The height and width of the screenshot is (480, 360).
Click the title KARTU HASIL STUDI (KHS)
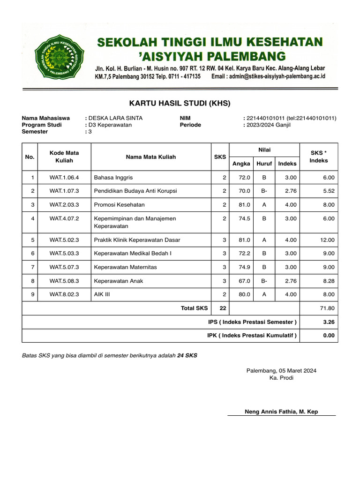click(180, 103)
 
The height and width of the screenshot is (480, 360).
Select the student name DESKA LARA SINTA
click(116, 118)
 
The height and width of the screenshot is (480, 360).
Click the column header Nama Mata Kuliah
click(151, 157)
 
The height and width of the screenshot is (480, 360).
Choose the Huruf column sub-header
click(264, 164)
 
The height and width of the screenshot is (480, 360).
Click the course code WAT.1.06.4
click(64, 178)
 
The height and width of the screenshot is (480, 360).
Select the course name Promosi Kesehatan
click(120, 205)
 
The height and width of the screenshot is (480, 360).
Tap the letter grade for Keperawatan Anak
click(264, 281)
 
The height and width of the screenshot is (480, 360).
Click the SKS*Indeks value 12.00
click(327, 240)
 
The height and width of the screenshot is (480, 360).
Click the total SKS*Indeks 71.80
click(327, 308)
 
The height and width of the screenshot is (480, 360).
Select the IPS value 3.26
click(329, 322)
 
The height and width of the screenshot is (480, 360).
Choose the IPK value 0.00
click(329, 336)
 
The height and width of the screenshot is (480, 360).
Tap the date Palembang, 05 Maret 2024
click(281, 371)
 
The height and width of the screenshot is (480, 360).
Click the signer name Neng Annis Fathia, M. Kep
click(281, 412)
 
